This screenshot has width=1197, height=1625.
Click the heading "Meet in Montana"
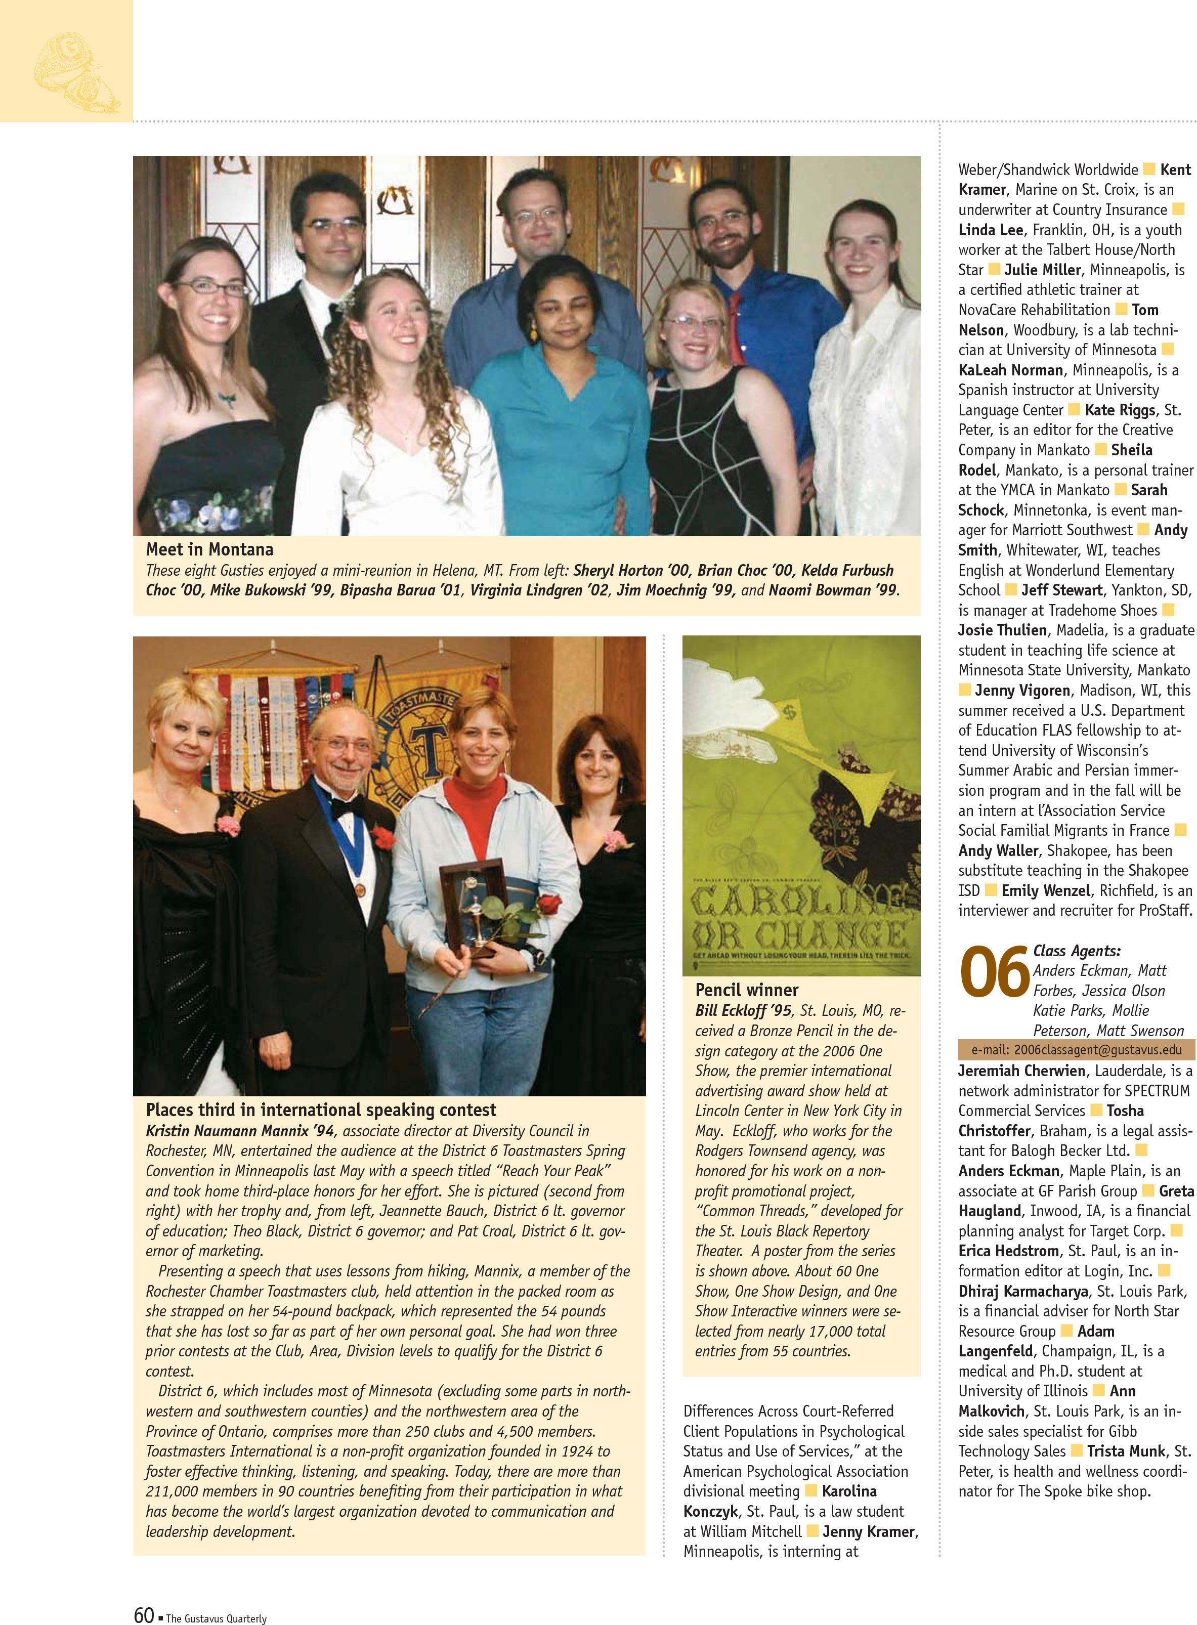pos(209,549)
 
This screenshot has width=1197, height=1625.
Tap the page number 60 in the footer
pos(144,1615)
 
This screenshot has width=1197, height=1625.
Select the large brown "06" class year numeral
pos(994,972)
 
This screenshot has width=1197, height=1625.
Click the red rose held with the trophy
pos(549,904)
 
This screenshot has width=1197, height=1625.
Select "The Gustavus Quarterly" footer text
pos(216,1618)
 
